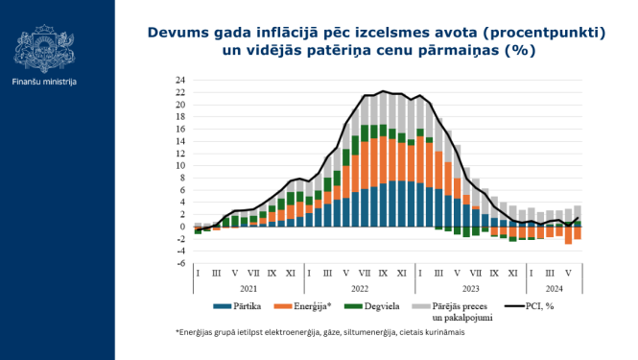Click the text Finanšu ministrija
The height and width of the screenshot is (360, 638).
click(x=45, y=82)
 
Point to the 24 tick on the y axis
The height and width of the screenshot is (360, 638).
click(x=179, y=80)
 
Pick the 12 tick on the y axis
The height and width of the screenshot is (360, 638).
click(x=179, y=154)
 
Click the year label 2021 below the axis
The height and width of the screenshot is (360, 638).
click(x=249, y=287)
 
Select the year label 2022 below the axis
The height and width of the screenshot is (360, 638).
click(x=360, y=287)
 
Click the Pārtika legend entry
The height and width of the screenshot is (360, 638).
click(x=246, y=307)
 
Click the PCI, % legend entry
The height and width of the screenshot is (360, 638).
click(x=549, y=307)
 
